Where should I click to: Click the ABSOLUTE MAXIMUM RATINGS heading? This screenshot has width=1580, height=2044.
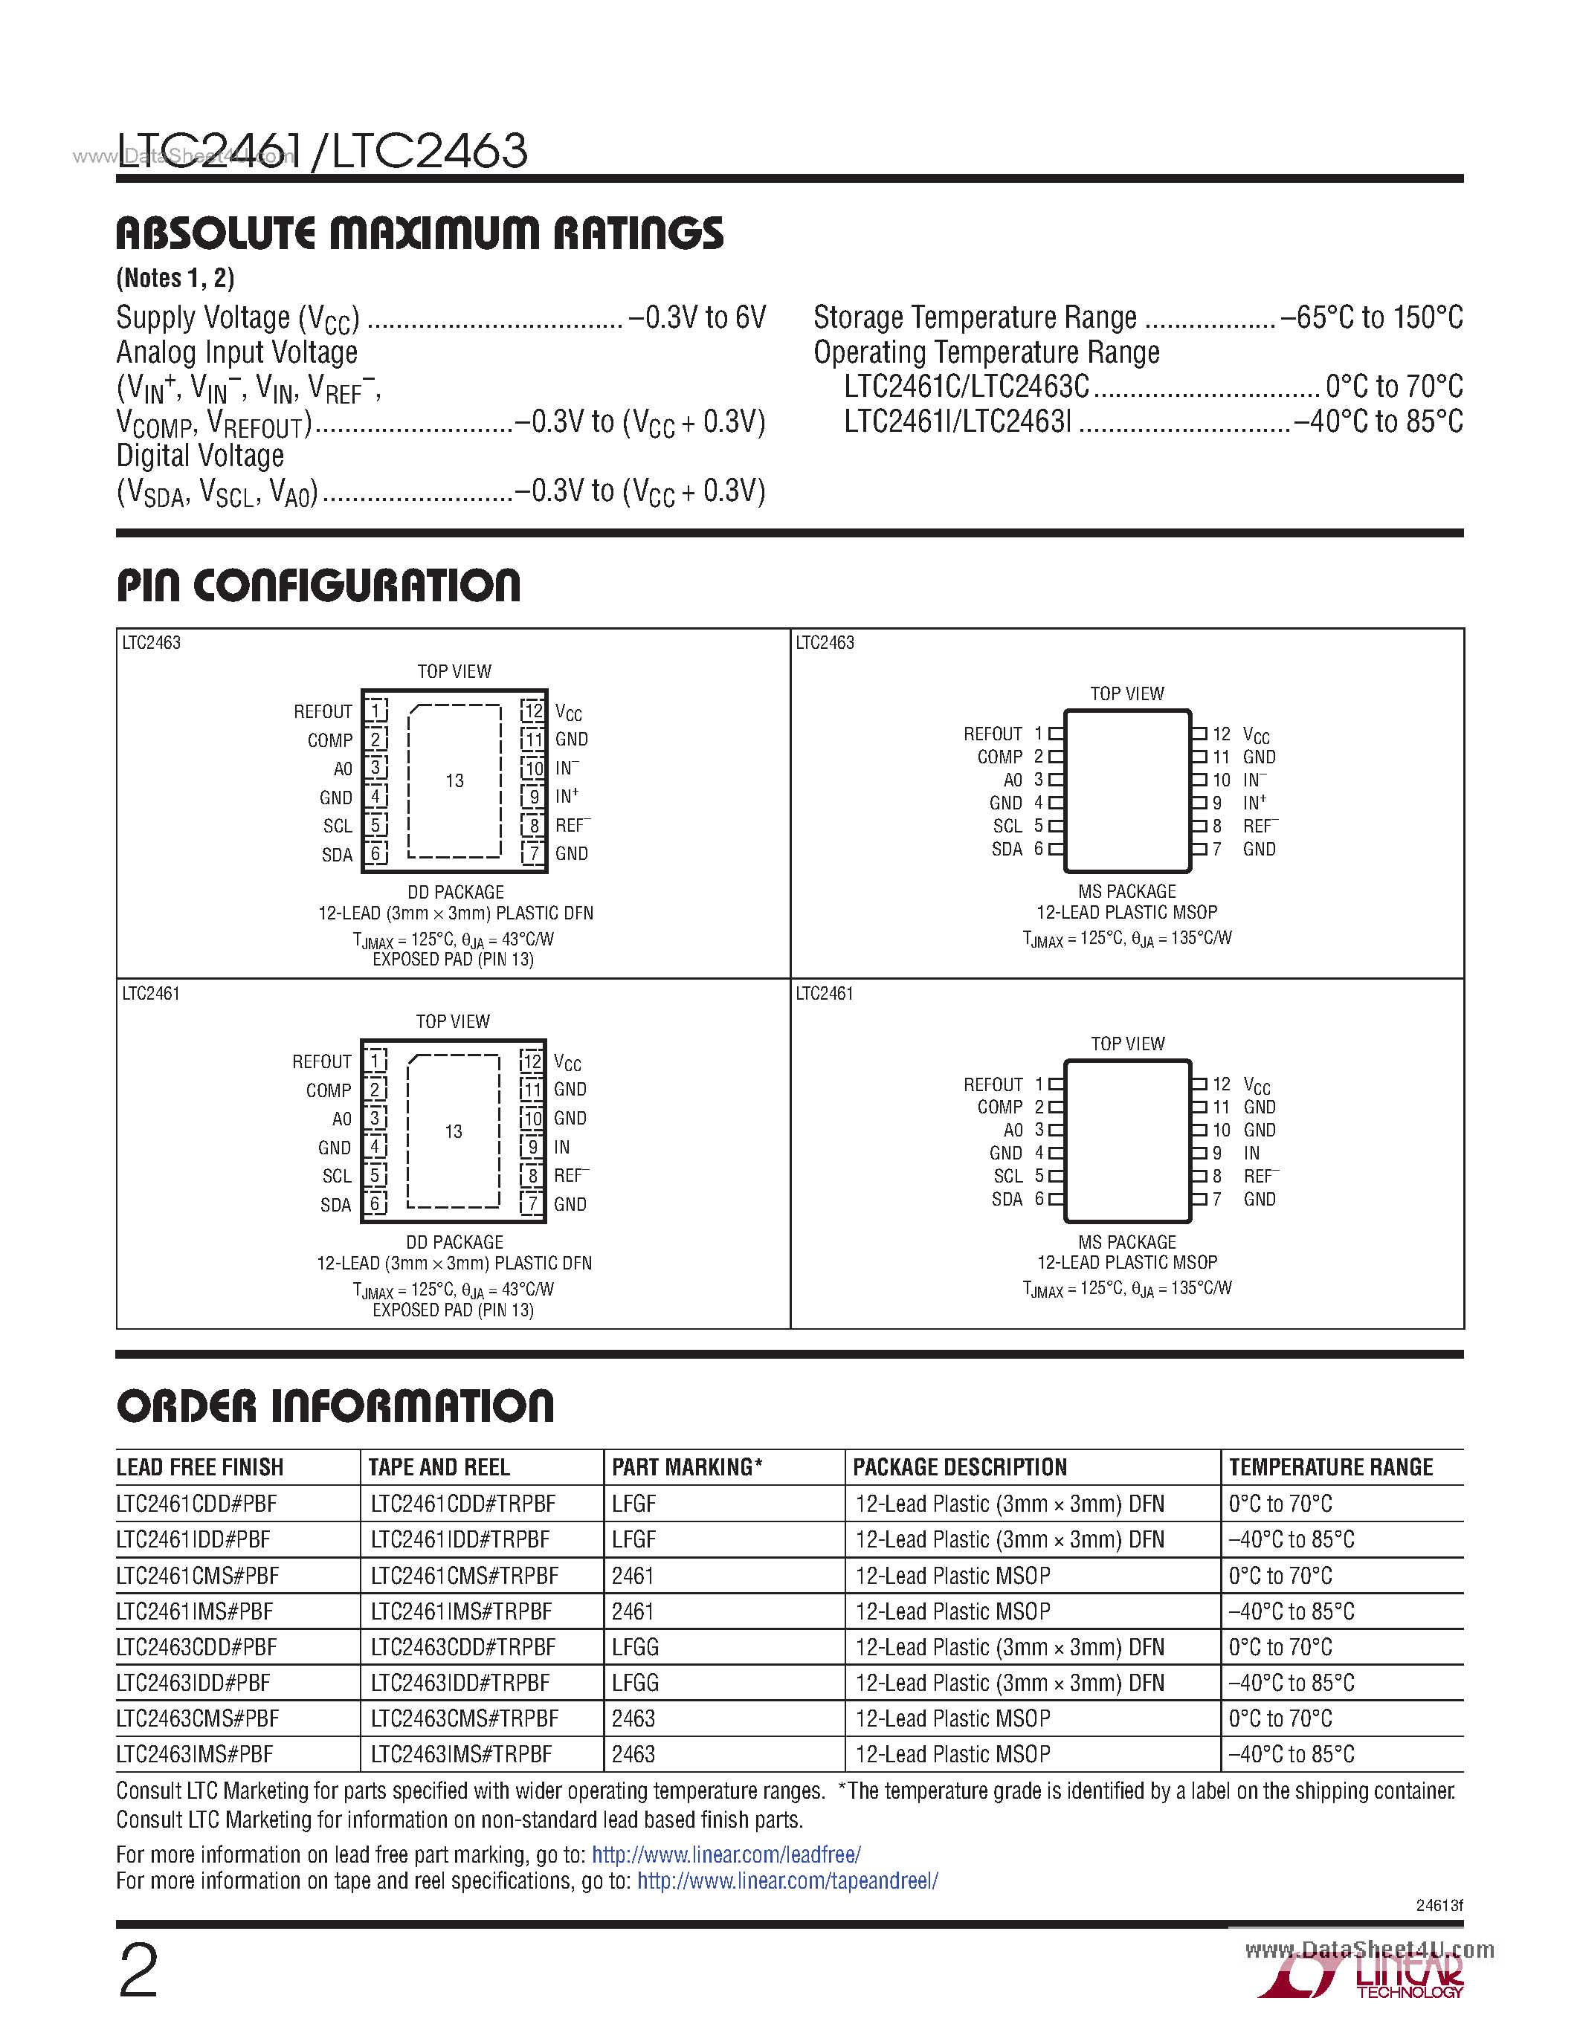(x=419, y=233)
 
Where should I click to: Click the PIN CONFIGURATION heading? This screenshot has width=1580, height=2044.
(x=318, y=586)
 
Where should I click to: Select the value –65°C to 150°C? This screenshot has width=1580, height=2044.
(x=1371, y=318)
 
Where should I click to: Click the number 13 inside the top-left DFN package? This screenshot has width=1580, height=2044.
(x=454, y=780)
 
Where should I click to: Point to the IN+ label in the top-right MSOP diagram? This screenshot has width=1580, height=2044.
(x=1254, y=803)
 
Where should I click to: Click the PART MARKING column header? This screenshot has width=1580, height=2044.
(x=687, y=1467)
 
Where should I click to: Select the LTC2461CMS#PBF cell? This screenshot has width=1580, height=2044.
(x=198, y=1576)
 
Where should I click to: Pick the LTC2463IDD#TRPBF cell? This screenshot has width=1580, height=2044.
(x=460, y=1683)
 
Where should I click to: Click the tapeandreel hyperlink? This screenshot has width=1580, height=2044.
(x=787, y=1880)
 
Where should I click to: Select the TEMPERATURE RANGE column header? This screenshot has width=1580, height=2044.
(x=1330, y=1467)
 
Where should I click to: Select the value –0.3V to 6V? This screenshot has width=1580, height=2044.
(x=697, y=318)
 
